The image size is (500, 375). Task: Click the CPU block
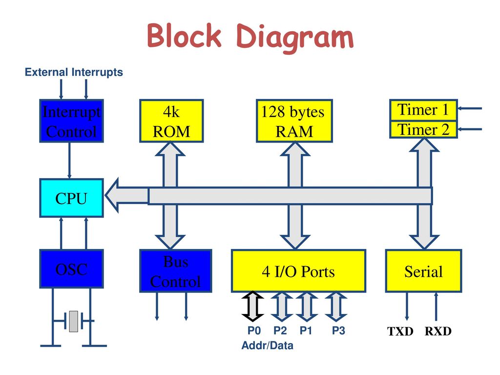[71, 198]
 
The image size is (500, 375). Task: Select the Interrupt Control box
[71, 121]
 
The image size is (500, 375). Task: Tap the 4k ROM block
[171, 121]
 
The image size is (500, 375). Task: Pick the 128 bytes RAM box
[294, 121]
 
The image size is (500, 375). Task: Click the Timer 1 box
[423, 110]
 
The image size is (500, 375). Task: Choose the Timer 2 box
[423, 129]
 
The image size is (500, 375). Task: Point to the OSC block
[71, 269]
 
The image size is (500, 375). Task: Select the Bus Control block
[176, 271]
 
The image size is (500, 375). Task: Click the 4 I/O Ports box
[298, 271]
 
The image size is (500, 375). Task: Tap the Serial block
[423, 271]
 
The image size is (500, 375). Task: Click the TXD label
[400, 332]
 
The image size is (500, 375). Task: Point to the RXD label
[438, 332]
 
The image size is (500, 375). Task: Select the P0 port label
[254, 331]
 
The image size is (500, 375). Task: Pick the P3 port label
[338, 331]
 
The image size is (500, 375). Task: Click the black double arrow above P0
[252, 306]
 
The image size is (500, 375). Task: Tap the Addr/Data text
[267, 345]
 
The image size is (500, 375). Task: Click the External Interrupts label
[74, 72]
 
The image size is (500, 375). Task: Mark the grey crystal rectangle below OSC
[74, 321]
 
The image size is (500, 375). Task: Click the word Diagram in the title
[295, 38]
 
